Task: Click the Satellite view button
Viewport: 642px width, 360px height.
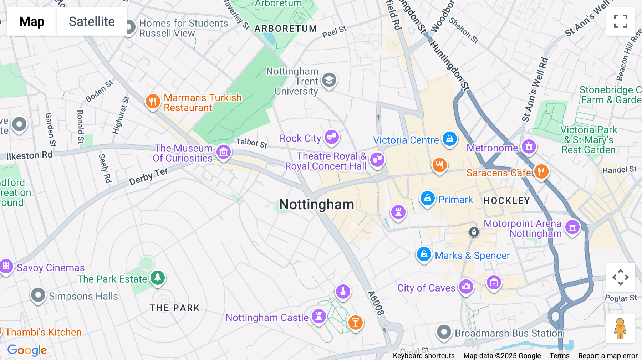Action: pyautogui.click(x=92, y=22)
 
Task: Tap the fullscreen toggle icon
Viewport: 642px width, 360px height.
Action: pyautogui.click(x=620, y=21)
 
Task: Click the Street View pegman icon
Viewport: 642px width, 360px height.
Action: pyautogui.click(x=620, y=328)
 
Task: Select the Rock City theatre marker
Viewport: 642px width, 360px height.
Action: pyautogui.click(x=332, y=137)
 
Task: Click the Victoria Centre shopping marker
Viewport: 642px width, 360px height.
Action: pyautogui.click(x=449, y=139)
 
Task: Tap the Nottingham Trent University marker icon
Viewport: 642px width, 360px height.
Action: pyautogui.click(x=329, y=80)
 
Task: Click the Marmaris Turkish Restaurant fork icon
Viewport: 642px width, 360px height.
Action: pyautogui.click(x=153, y=102)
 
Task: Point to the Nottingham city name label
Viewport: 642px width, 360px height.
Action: pyautogui.click(x=316, y=205)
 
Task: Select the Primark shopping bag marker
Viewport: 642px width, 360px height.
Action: pyautogui.click(x=427, y=198)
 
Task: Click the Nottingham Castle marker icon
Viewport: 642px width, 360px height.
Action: pyautogui.click(x=319, y=316)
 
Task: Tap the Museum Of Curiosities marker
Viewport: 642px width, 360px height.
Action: pyautogui.click(x=224, y=152)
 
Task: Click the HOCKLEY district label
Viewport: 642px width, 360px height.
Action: pyautogui.click(x=506, y=201)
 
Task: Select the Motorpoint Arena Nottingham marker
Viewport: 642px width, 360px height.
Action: pyautogui.click(x=572, y=227)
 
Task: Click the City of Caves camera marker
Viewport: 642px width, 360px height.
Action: pyautogui.click(x=466, y=286)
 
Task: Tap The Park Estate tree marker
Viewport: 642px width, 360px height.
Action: pyautogui.click(x=157, y=278)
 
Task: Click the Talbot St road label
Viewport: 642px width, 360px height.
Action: pyautogui.click(x=251, y=143)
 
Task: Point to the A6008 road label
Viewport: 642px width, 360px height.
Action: pyautogui.click(x=376, y=303)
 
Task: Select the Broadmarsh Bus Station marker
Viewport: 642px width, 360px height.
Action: pyautogui.click(x=444, y=332)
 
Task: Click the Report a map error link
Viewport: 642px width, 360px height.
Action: pyautogui.click(x=608, y=356)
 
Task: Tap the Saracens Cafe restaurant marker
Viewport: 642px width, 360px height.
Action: pyautogui.click(x=541, y=171)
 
